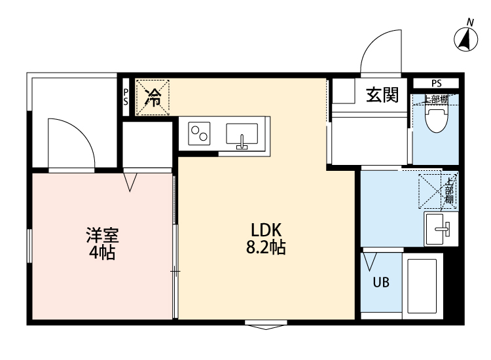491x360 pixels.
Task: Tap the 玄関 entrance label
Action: [x=382, y=96]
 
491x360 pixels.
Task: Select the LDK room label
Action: [x=266, y=231]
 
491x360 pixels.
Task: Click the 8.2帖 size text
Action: [x=266, y=249]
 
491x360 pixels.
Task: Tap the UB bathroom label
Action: [x=381, y=283]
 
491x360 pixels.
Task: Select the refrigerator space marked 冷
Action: [x=153, y=98]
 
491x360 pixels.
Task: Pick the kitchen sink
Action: [x=242, y=134]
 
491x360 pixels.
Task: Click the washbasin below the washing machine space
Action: [x=441, y=227]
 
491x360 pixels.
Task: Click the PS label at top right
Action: [x=436, y=83]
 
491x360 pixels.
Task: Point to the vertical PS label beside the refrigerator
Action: [x=126, y=97]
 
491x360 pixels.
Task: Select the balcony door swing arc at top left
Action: [x=72, y=141]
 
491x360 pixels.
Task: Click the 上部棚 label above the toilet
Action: [x=435, y=99]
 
